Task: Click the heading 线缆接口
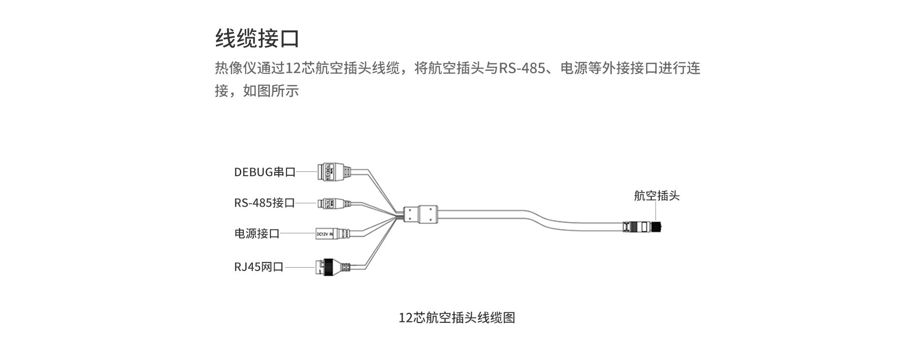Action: point(257,39)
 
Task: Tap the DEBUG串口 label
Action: point(265,172)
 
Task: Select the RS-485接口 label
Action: point(264,203)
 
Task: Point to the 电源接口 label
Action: point(257,233)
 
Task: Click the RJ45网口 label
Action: point(258,267)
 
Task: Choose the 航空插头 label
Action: point(656,196)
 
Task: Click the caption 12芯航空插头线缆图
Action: point(456,318)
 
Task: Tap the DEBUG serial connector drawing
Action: point(334,171)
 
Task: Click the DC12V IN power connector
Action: point(333,234)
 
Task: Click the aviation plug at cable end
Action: point(645,226)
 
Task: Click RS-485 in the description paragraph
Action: point(522,69)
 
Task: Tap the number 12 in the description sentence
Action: point(291,69)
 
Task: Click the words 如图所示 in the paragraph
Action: point(271,90)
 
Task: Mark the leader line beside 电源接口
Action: point(298,233)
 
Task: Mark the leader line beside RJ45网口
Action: point(299,267)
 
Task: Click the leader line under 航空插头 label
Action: point(656,211)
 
